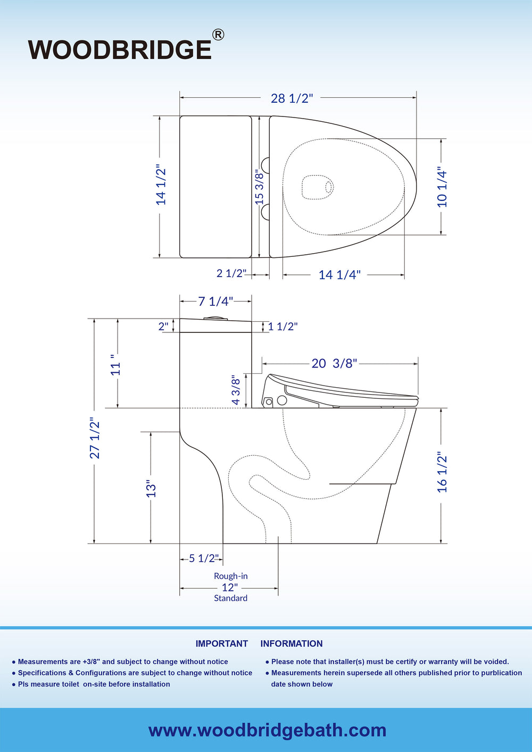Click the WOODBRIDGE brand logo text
[120, 49]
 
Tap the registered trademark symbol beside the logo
[218, 35]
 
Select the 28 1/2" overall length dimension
[292, 98]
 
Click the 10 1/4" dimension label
[442, 187]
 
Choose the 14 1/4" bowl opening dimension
[339, 275]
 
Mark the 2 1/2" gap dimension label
[231, 273]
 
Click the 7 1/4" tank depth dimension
[215, 302]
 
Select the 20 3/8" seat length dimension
[334, 363]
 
